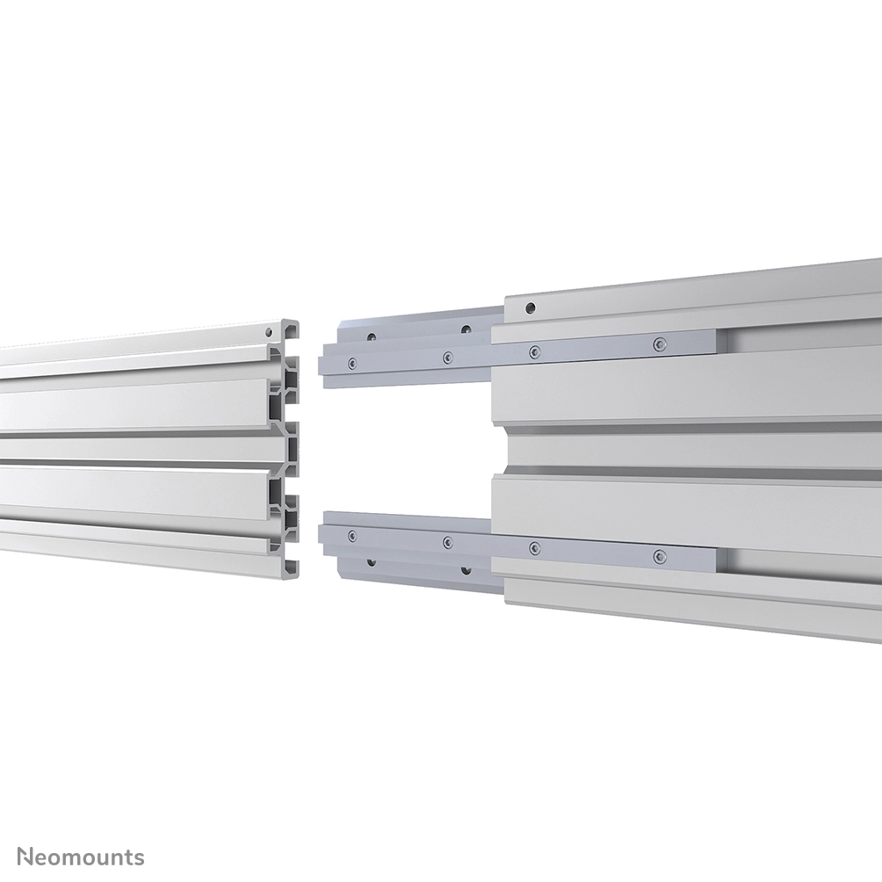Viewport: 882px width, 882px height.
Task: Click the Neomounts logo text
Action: pos(81,857)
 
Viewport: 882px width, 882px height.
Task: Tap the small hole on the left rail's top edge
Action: pos(269,331)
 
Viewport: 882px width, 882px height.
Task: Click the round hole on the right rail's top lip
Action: pos(530,307)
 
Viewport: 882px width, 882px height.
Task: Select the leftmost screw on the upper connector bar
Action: pos(352,363)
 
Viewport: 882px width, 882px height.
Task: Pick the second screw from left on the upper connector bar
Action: pos(447,357)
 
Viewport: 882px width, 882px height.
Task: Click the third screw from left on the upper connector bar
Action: pos(534,351)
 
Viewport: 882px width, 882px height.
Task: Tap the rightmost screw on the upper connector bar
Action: pos(659,343)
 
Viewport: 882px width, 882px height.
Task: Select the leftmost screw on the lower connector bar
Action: pos(352,535)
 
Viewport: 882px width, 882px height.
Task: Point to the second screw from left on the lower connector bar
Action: pos(447,541)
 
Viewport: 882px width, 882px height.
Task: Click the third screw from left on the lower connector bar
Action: pos(534,547)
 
